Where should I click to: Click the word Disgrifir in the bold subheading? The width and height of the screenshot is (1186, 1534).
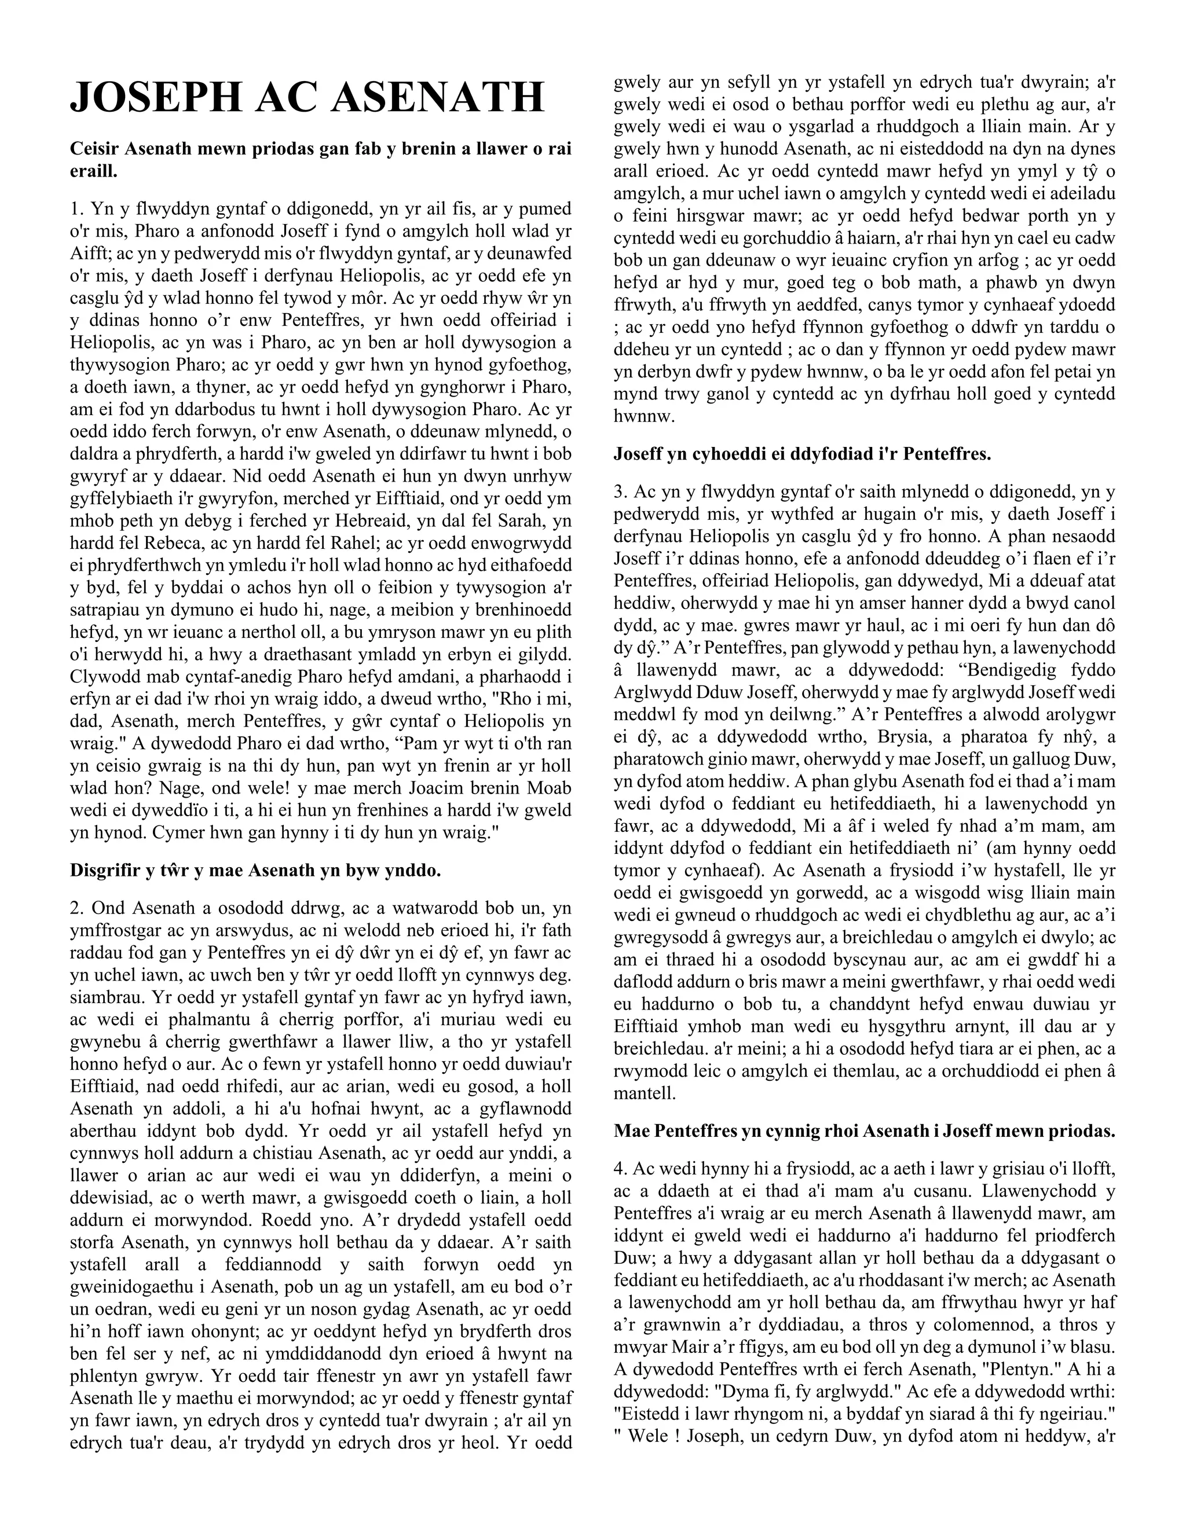click(103, 871)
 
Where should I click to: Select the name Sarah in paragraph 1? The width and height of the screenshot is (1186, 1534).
click(505, 521)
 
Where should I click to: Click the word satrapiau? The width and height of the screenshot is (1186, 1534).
click(101, 610)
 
